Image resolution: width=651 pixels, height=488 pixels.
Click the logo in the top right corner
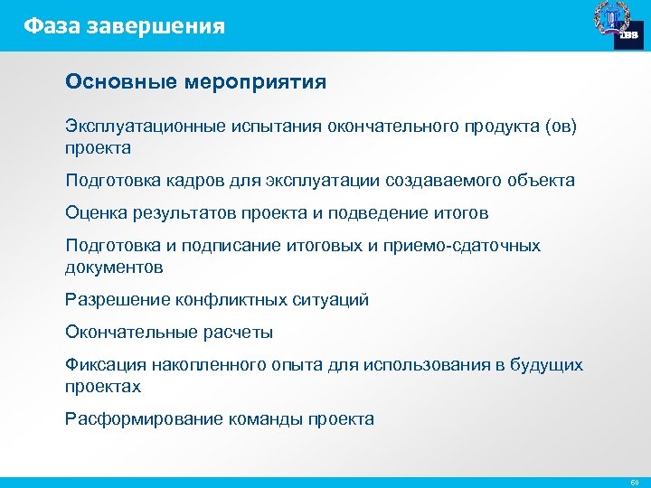(618, 24)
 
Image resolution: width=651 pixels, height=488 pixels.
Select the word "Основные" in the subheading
(122, 82)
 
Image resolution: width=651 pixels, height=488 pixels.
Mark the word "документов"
(114, 267)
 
